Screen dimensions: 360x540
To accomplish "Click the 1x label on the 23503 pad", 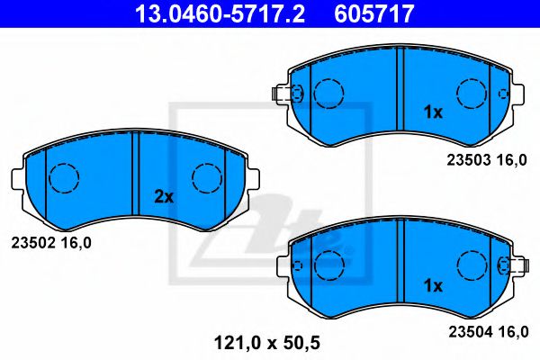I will coord(433,113).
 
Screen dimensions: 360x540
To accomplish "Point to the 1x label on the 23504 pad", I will coord(433,286).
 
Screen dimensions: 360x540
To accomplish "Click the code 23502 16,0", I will coord(50,241).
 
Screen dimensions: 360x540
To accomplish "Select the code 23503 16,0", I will coord(485,159).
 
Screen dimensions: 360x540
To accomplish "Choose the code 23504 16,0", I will coord(485,331).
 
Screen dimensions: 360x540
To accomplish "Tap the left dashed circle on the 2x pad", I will coord(63,178).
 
